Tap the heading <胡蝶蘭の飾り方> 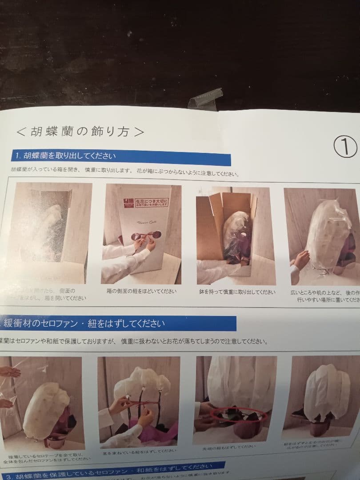pos(80,132)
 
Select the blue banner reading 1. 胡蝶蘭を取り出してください pos(120,156)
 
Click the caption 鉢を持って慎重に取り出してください pos(237,292)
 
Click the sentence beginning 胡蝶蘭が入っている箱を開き pos(124,172)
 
